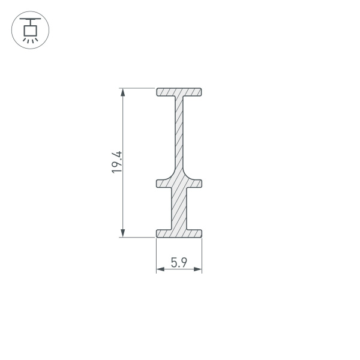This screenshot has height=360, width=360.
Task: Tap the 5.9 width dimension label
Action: [179, 262]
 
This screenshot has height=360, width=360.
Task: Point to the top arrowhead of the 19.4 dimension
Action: [123, 92]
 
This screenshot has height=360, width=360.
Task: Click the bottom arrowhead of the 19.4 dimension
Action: [123, 233]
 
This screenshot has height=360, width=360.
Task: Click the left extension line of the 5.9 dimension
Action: [157, 255]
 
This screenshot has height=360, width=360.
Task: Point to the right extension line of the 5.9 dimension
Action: [202, 255]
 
